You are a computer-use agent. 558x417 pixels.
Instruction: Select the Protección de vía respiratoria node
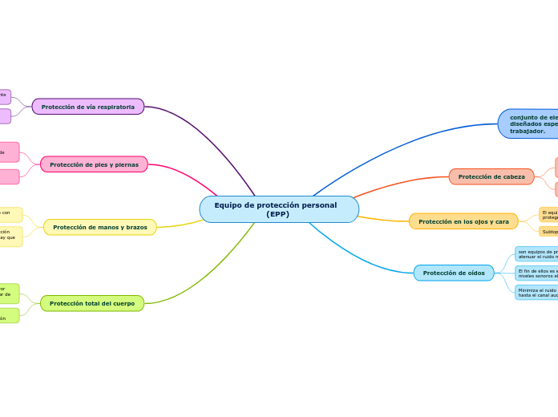pyautogui.click(x=88, y=107)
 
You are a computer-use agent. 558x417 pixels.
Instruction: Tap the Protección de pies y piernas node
pyautogui.click(x=94, y=164)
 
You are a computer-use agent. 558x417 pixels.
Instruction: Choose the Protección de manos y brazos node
pyautogui.click(x=100, y=227)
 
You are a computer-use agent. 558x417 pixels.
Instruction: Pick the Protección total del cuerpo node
pyautogui.click(x=92, y=303)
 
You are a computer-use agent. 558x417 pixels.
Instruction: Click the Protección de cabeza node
pyautogui.click(x=491, y=176)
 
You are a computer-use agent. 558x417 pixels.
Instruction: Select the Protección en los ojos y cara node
pyautogui.click(x=463, y=221)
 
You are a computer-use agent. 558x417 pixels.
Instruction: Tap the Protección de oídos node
pyautogui.click(x=454, y=273)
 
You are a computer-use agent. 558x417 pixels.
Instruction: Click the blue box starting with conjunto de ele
pyautogui.click(x=529, y=123)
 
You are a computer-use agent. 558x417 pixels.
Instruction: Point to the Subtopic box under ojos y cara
pyautogui.click(x=549, y=232)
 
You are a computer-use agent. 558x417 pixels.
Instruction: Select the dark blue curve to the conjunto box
pyautogui.click(x=401, y=141)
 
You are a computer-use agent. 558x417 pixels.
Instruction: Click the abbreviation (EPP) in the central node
pyautogui.click(x=278, y=214)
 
